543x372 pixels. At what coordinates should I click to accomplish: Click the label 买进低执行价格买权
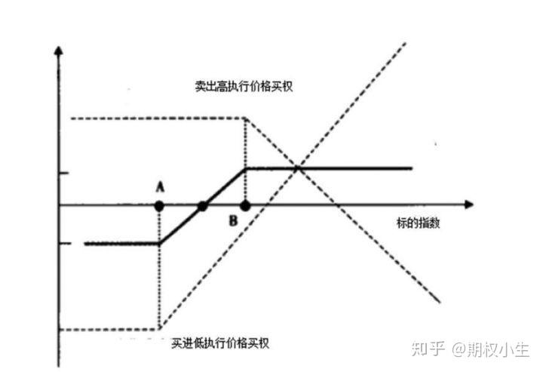tap(219, 343)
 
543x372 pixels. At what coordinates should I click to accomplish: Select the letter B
tap(234, 220)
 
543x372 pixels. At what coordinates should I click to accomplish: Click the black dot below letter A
tap(159, 204)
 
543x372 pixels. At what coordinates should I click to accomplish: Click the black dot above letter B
tap(245, 204)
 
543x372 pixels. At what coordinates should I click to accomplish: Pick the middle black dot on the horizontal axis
tap(202, 204)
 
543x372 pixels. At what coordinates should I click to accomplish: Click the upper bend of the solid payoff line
tap(247, 168)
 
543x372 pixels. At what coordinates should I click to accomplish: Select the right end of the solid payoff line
tap(412, 168)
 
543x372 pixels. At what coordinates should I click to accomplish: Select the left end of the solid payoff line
tap(86, 244)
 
